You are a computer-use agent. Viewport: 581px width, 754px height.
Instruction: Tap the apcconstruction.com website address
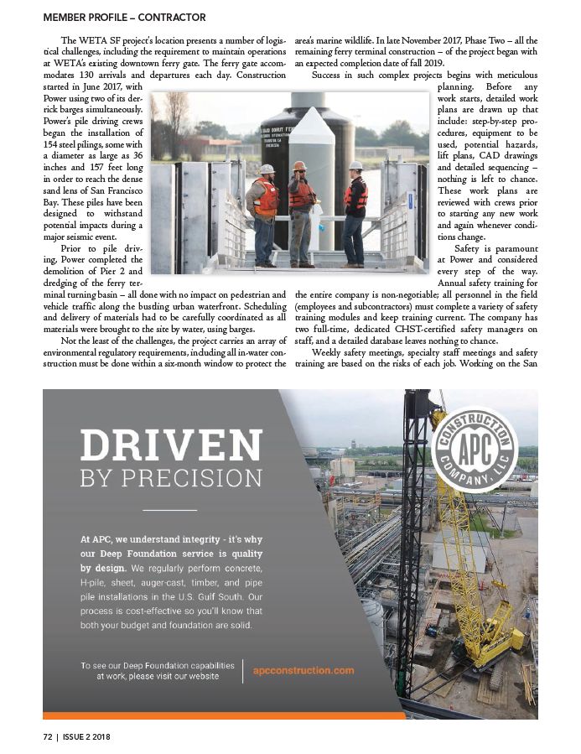pyautogui.click(x=303, y=670)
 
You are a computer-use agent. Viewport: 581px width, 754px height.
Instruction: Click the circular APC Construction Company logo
pyautogui.click(x=476, y=454)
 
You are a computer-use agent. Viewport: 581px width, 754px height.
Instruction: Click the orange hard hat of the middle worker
pyautogui.click(x=300, y=166)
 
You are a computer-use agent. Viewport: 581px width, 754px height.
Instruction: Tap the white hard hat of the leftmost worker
pyautogui.click(x=267, y=169)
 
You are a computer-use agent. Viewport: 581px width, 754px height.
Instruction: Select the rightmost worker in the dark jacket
pyautogui.click(x=355, y=210)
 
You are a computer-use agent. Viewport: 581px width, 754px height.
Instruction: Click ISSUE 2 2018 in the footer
pyautogui.click(x=87, y=737)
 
